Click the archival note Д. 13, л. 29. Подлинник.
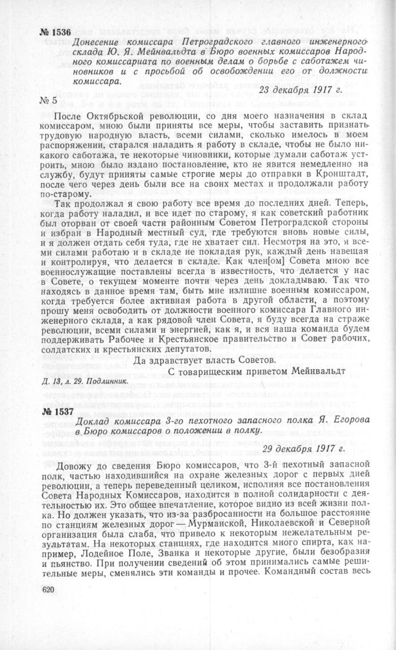tap(84, 382)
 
